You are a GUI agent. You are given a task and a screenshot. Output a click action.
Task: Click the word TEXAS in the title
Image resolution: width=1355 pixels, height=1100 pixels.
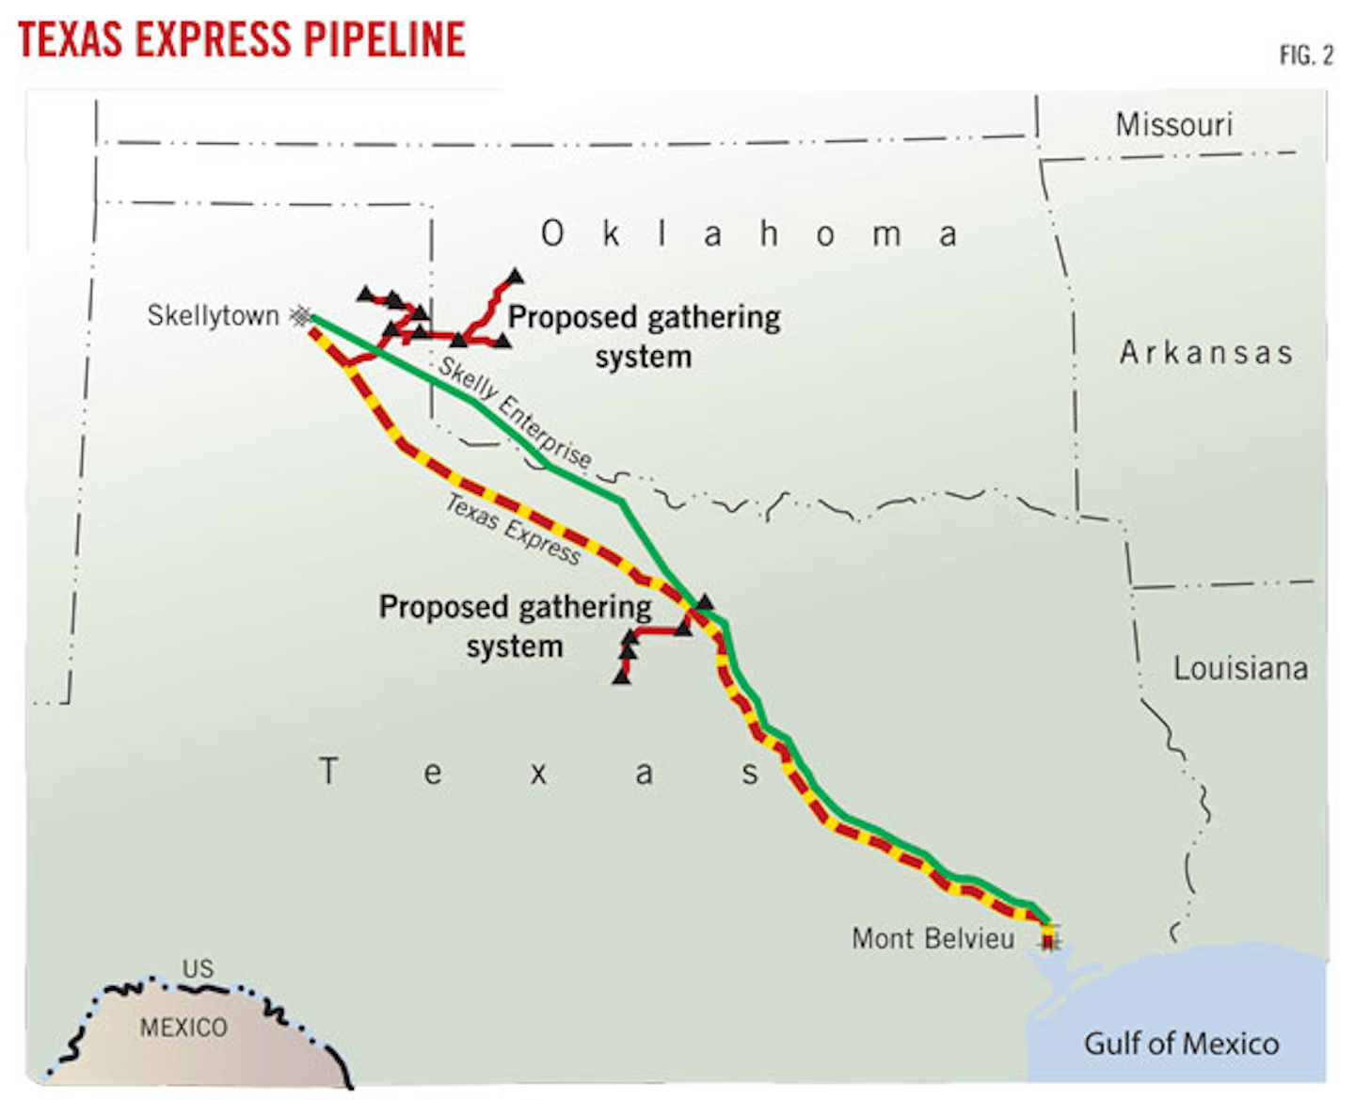(x=71, y=40)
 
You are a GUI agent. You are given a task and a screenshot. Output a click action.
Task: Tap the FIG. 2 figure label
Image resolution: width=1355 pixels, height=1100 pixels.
(x=1306, y=56)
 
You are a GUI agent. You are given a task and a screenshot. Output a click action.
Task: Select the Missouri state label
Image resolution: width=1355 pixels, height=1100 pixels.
(x=1173, y=124)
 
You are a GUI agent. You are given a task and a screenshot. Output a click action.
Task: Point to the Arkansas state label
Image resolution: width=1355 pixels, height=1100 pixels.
(x=1205, y=353)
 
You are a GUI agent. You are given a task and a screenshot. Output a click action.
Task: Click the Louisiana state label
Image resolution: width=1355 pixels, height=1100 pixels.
(x=1240, y=668)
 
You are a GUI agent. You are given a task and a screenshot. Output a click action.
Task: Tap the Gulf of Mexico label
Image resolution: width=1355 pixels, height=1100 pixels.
(x=1181, y=1044)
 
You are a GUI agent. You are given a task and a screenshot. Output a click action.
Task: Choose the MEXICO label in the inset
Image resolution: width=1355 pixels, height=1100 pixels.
(x=183, y=1028)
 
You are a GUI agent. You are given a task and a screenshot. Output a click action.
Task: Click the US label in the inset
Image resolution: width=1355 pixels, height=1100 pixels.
(x=198, y=968)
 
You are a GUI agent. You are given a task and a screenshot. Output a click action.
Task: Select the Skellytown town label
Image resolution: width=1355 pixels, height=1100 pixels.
(x=213, y=315)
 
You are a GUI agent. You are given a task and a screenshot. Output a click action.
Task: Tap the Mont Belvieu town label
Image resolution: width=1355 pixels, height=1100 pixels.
(x=933, y=938)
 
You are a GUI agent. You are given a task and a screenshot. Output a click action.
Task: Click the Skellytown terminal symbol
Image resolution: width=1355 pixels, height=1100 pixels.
(x=300, y=316)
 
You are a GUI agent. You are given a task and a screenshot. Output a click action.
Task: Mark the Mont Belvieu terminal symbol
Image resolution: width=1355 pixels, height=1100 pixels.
(x=1049, y=938)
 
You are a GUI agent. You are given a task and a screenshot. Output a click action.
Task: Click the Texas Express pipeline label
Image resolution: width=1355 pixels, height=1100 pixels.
(x=513, y=529)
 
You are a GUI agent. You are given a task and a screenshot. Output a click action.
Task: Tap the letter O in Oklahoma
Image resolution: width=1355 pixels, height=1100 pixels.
(x=552, y=233)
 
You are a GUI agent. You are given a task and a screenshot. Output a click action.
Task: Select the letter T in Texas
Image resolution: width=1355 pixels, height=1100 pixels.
(x=327, y=772)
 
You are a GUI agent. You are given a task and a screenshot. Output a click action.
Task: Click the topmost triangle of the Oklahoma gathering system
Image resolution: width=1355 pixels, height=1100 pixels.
(x=515, y=278)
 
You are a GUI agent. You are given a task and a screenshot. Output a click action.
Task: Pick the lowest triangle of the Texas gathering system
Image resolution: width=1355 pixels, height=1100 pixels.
(x=622, y=676)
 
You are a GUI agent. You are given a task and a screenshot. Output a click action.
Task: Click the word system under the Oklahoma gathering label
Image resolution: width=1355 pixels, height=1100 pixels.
(x=644, y=357)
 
